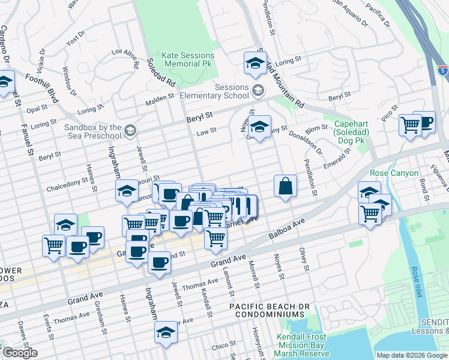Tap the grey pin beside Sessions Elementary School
tap(258, 91)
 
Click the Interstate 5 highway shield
tap(442, 70)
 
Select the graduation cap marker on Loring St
tap(255, 62)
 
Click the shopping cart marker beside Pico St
tap(410, 125)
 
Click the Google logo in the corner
tap(20, 353)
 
